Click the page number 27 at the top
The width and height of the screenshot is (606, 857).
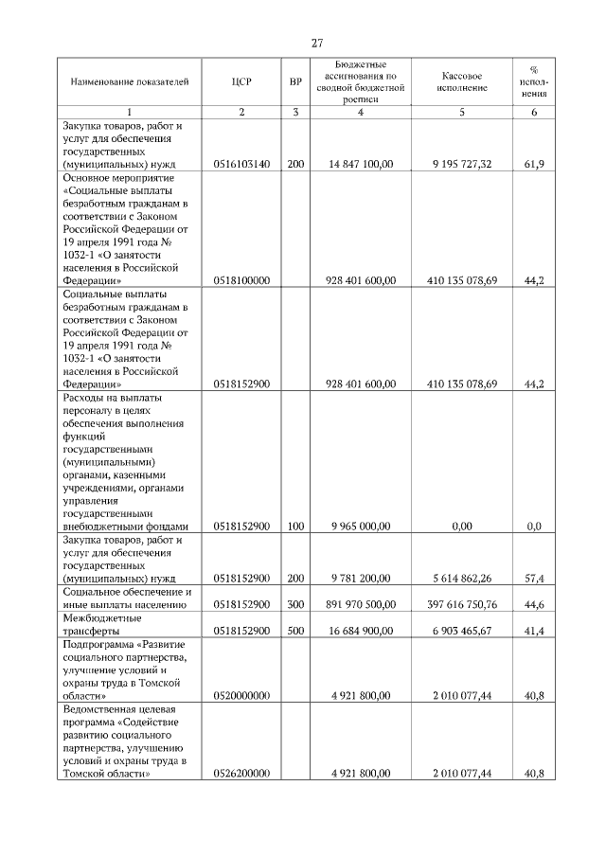317,42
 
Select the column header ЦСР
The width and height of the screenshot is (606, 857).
241,81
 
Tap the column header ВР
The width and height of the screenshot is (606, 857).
295,81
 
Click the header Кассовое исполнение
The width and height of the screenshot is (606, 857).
462,81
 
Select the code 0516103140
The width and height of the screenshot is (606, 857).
241,164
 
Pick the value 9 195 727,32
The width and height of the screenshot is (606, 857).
462,164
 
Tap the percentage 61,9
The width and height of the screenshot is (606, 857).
533,164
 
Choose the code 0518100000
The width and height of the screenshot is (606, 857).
241,280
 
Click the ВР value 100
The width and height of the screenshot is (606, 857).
295,526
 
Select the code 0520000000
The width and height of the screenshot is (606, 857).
241,695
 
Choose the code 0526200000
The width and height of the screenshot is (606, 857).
241,774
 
